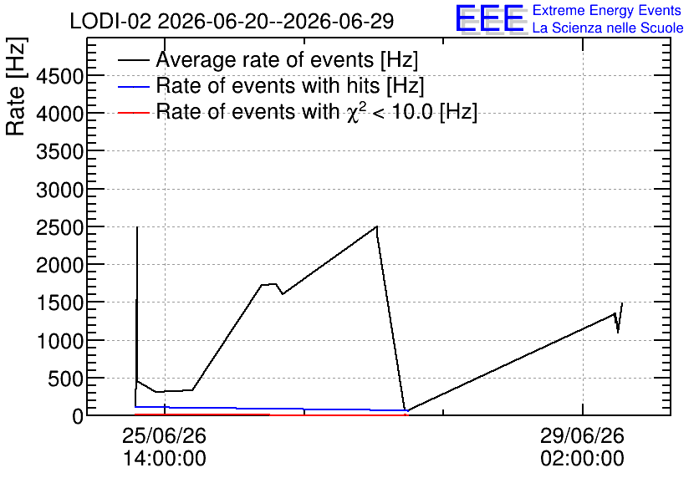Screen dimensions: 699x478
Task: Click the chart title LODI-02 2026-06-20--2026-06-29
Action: tap(232, 21)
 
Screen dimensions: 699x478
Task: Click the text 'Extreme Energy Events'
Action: tap(607, 10)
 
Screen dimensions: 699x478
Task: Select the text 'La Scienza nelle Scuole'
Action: tap(608, 28)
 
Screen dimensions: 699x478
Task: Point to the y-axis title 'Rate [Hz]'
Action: tap(16, 86)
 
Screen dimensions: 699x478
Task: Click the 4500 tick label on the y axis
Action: tap(59, 76)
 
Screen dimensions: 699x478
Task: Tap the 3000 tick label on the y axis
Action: tap(59, 190)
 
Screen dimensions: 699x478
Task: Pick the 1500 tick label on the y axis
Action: tap(59, 303)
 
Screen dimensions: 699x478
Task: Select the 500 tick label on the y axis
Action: tap(65, 379)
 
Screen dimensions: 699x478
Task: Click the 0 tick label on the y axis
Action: tap(78, 417)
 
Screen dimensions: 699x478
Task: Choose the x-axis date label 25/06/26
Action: tap(165, 435)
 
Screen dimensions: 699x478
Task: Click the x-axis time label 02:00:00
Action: tap(582, 459)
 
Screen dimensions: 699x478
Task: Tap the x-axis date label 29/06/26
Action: tap(582, 435)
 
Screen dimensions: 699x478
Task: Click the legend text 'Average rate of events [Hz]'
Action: tap(287, 60)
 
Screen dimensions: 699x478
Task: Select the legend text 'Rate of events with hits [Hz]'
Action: tap(290, 85)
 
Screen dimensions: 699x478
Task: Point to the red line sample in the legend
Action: tap(134, 113)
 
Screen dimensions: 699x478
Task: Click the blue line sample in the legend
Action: tap(134, 86)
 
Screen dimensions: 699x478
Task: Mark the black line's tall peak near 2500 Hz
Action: tap(377, 226)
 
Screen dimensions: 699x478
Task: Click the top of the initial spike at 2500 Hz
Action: tap(137, 227)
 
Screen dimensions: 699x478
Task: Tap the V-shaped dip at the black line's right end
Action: tap(618, 332)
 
